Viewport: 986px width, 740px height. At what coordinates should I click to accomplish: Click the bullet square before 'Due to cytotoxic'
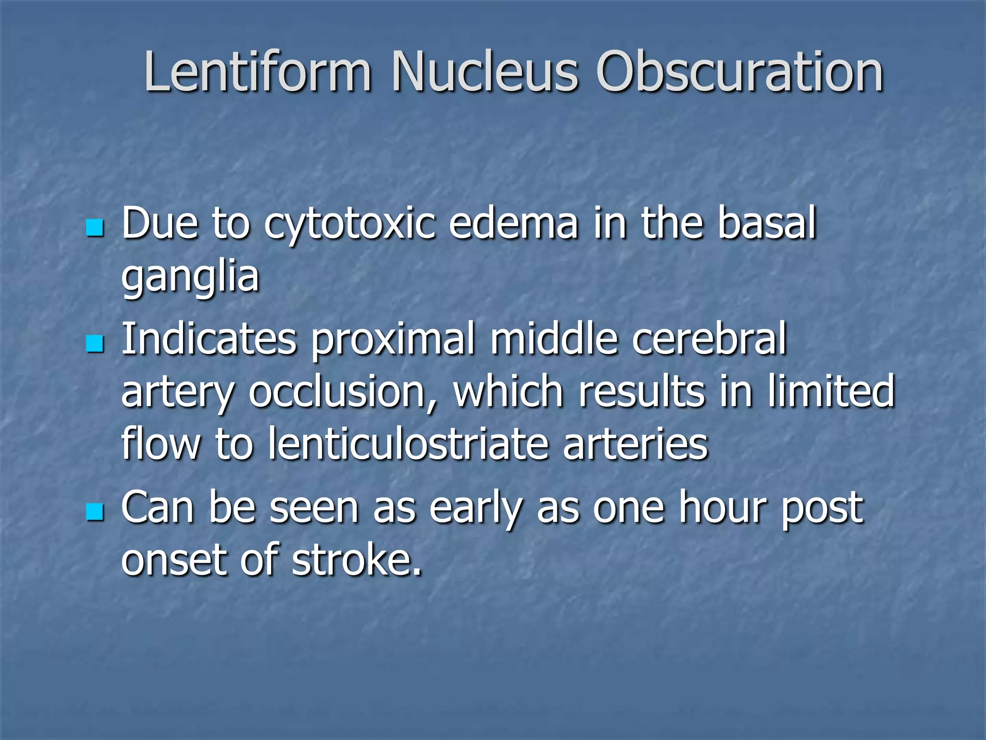pyautogui.click(x=95, y=228)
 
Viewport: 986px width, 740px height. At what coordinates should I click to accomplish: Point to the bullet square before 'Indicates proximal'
pyautogui.click(x=95, y=344)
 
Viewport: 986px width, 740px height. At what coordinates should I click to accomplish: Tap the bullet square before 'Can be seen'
pyautogui.click(x=95, y=512)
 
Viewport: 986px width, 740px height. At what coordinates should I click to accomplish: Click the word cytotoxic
pyautogui.click(x=350, y=224)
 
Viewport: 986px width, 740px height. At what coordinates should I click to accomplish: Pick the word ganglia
pyautogui.click(x=190, y=278)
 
